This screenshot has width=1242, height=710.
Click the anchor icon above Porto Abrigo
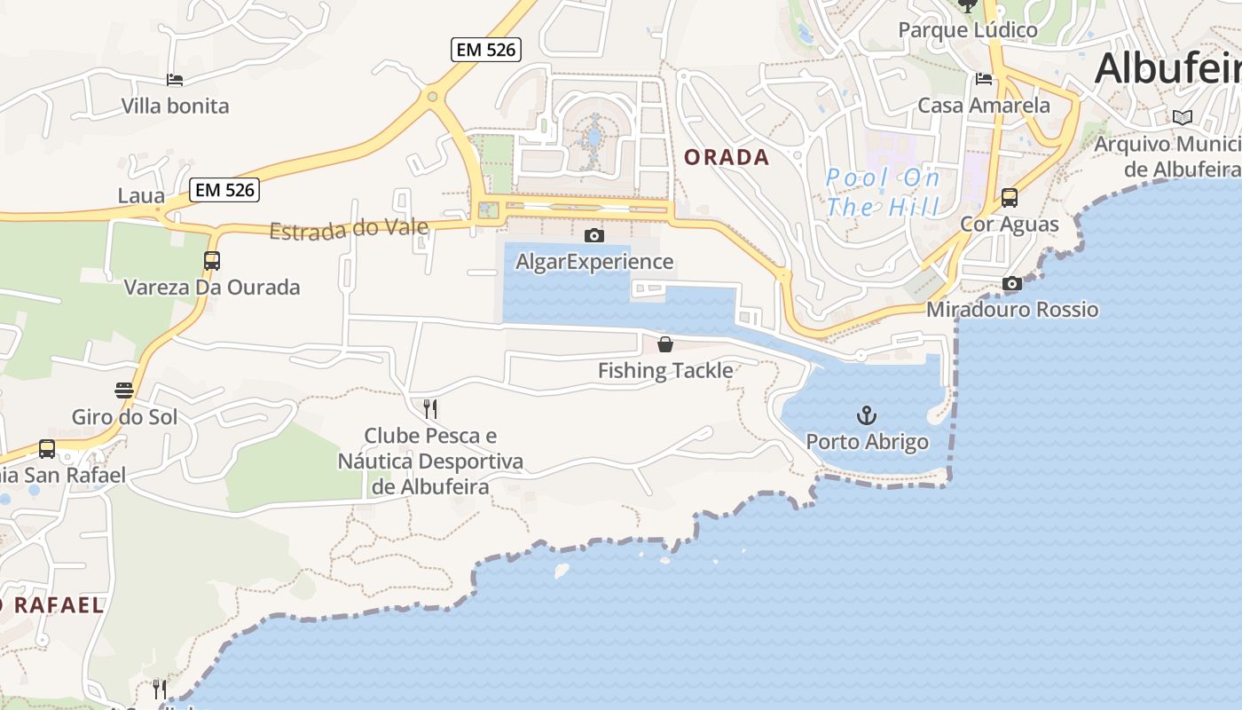(866, 415)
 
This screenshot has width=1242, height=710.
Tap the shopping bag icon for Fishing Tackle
(665, 344)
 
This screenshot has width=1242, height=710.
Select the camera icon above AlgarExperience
(594, 235)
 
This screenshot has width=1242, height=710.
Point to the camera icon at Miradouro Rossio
(1011, 283)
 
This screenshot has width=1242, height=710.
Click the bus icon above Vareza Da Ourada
(211, 261)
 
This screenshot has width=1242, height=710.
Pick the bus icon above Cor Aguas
(1009, 198)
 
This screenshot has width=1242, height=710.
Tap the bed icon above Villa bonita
(175, 80)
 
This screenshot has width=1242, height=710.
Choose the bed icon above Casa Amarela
(984, 79)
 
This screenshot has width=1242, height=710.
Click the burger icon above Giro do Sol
(124, 390)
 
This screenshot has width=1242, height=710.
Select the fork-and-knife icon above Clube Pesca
(430, 409)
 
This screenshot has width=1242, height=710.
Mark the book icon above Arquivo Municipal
(1182, 117)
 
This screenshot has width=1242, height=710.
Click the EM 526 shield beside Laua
(225, 189)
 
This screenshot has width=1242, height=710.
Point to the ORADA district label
(727, 158)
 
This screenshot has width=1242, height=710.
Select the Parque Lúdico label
(967, 30)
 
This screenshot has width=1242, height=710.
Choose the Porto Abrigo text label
(867, 442)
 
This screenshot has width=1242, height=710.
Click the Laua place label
(141, 196)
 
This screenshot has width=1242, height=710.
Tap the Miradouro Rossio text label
(1012, 310)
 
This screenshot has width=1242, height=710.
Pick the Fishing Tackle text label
(665, 371)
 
